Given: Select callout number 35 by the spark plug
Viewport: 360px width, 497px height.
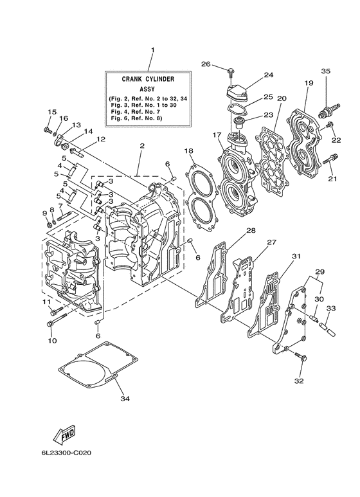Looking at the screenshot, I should [326, 71].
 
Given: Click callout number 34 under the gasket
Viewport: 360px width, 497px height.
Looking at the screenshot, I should [124, 399].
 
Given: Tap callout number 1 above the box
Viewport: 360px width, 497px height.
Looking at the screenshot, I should [153, 50].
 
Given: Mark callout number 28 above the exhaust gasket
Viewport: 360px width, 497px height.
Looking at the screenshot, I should [251, 230].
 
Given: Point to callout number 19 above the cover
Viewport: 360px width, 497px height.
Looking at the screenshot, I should [309, 83].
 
